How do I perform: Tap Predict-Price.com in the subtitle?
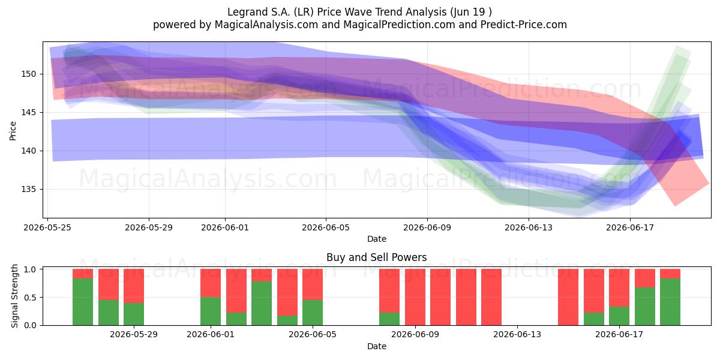[x=524, y=25]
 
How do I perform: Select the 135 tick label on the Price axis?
[x=29, y=190]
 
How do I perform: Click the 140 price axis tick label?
[x=29, y=151]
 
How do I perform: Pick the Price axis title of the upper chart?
[x=13, y=131]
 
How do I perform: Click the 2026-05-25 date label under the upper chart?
[x=47, y=227]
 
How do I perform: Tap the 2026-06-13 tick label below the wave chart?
[x=529, y=227]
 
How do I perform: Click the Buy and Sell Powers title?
[x=376, y=257]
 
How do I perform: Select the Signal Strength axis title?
[x=14, y=296]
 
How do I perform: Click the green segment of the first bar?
[x=83, y=302]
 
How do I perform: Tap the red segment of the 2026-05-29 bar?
[x=134, y=286]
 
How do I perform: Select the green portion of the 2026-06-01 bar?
[x=211, y=311]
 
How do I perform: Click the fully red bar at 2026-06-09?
[x=415, y=297]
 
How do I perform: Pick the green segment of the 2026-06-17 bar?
[x=619, y=316]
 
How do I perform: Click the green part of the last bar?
[x=670, y=302]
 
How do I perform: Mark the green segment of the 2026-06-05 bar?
[x=313, y=313]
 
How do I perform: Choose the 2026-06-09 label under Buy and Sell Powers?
[x=415, y=335]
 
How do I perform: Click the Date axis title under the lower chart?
[x=377, y=346]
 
